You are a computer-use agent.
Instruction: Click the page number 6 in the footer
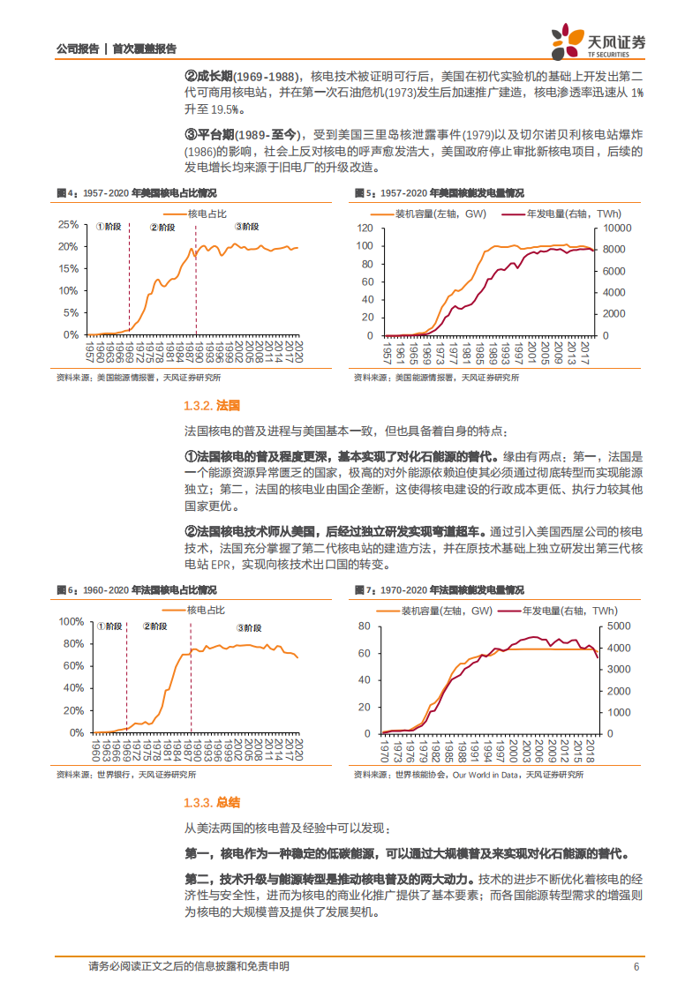click(x=636, y=966)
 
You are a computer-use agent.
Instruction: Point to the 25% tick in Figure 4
click(x=67, y=224)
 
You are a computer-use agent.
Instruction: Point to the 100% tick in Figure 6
click(x=70, y=621)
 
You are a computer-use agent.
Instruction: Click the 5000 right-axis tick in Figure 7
click(x=620, y=626)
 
